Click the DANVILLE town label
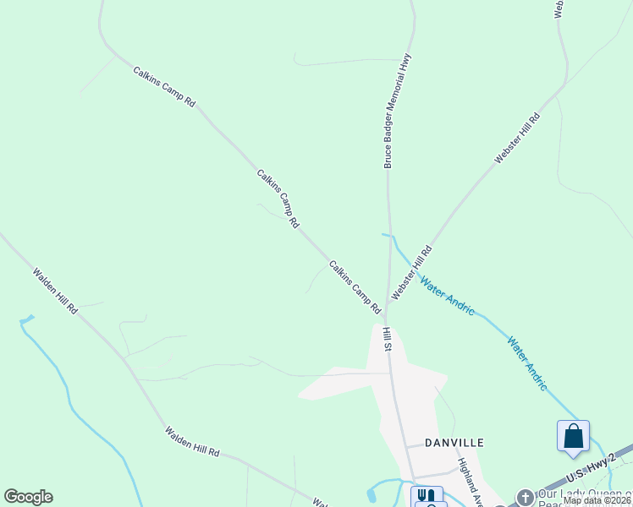pos(454,442)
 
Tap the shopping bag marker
pos(573,436)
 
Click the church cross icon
pos(525,497)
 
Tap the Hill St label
pos(387,340)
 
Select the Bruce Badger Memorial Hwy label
pos(398,111)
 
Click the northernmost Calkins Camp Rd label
pos(164,86)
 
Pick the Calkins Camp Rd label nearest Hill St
pos(355,286)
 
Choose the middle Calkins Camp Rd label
pos(278,199)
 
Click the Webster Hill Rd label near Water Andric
pos(410,272)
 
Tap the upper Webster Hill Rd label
pos(517,139)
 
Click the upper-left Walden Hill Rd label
pos(55,292)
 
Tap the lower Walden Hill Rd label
pos(192,442)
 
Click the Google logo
pos(28,497)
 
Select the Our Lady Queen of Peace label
pos(584,496)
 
